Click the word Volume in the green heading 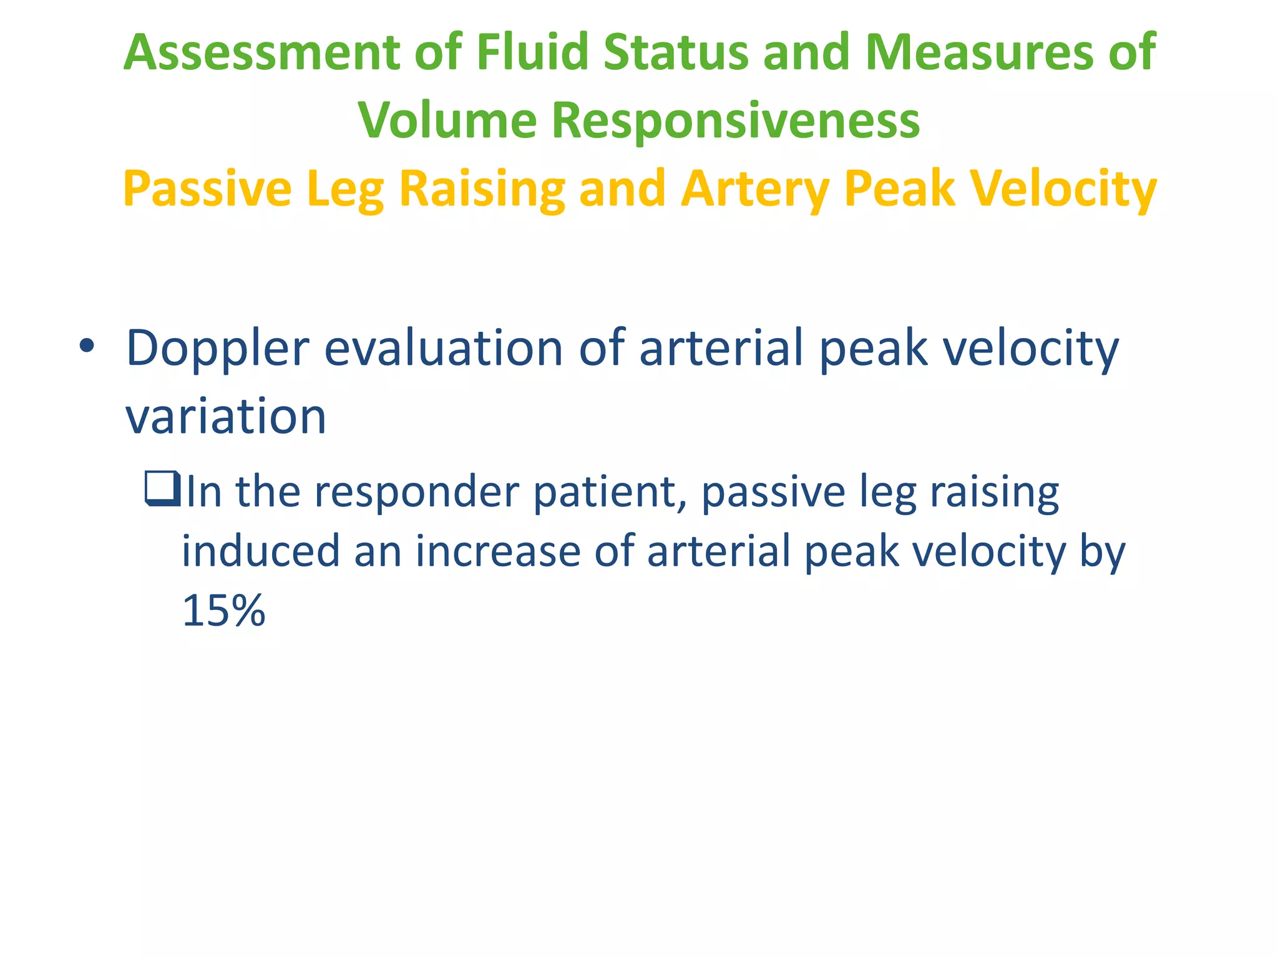[447, 120]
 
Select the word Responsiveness [736, 120]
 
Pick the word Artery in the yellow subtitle [755, 190]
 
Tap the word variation [226, 417]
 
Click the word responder [416, 493]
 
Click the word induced [260, 551]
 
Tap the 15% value [223, 611]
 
